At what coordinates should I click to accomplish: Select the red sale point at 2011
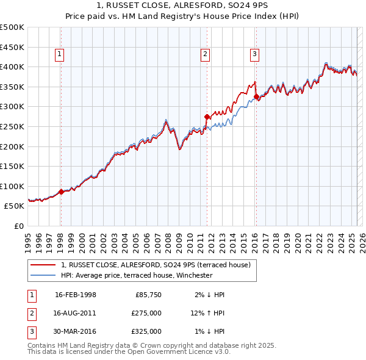tap(207, 117)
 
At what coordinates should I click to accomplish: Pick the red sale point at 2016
tap(257, 96)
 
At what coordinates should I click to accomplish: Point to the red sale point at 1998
tap(61, 192)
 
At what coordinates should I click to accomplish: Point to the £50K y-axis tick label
tap(15, 206)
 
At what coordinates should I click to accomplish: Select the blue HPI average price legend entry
tap(136, 275)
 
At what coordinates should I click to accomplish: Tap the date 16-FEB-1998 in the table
tap(76, 295)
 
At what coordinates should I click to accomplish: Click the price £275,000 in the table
tap(147, 313)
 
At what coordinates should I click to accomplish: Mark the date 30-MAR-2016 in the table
tap(76, 331)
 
